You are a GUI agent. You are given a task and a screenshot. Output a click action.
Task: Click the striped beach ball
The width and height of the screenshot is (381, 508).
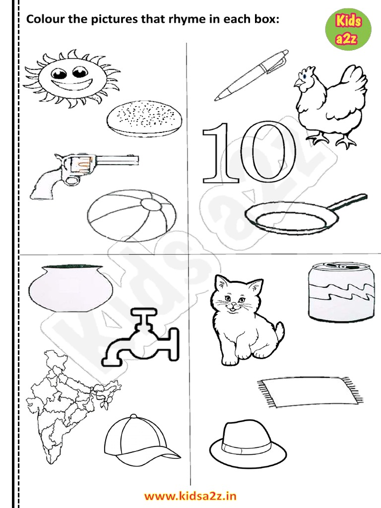point(131,216)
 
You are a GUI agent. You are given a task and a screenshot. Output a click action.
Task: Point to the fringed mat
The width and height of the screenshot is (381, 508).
point(308,392)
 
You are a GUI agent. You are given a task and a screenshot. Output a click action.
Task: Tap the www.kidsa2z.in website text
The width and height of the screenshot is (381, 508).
point(190,496)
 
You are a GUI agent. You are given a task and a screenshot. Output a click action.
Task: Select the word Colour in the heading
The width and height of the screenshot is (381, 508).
point(45,19)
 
